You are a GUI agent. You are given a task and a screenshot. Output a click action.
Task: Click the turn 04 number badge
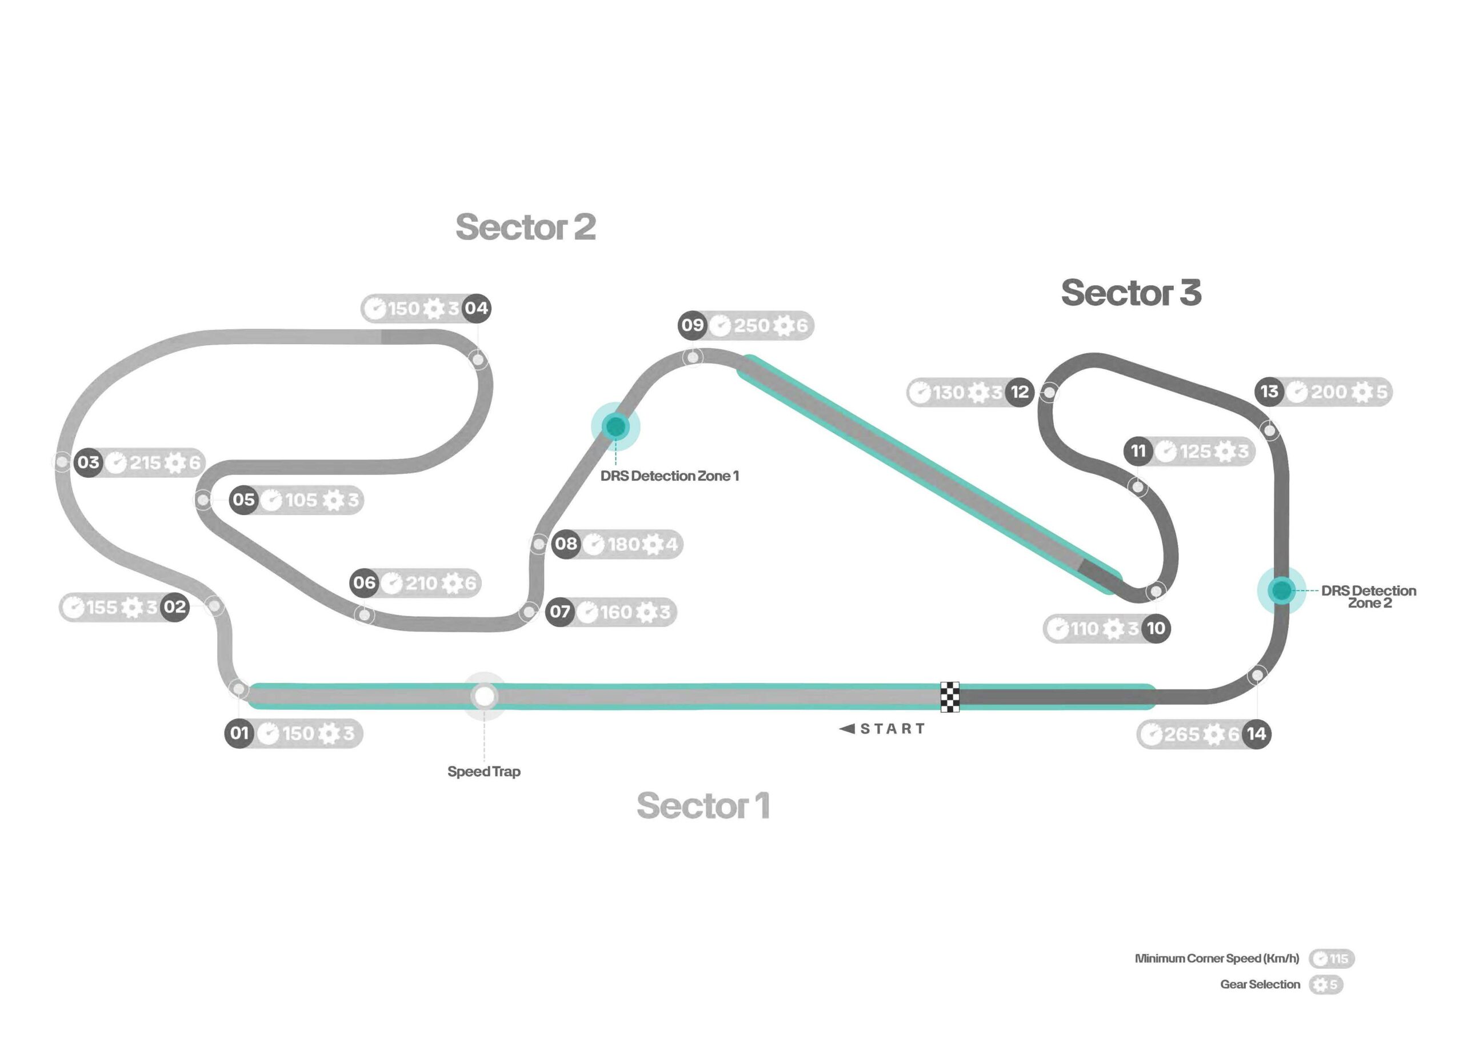coord(477,309)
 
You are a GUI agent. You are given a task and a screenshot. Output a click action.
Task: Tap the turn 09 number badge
coord(693,325)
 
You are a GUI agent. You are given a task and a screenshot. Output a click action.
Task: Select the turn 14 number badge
coord(1257,733)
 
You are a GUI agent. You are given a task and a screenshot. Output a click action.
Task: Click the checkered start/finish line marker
coord(950,697)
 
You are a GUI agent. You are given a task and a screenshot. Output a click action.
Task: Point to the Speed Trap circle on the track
coord(485,697)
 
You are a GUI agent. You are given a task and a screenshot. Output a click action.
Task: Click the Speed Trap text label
coord(484,772)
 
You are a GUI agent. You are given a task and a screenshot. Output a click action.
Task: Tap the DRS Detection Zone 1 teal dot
coord(615,426)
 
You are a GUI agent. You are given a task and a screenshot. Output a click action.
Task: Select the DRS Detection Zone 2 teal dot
coord(1281,590)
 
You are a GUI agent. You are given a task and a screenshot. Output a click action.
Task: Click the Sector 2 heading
coord(526,227)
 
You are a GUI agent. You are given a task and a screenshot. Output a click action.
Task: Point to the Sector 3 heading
coord(1132,293)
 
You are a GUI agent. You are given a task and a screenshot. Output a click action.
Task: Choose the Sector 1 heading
coord(703,806)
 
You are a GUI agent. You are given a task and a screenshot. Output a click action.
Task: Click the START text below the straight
coord(893,729)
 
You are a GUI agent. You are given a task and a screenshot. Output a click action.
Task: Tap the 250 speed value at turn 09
coord(752,326)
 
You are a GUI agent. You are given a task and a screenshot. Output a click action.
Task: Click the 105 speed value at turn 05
coord(301,500)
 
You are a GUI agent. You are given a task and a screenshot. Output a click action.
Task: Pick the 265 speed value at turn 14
coord(1182,734)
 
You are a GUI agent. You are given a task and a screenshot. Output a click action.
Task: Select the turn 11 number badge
coord(1138,451)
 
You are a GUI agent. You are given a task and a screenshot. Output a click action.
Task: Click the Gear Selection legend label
coord(1260,985)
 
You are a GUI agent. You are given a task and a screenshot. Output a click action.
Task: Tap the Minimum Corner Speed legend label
coord(1217,959)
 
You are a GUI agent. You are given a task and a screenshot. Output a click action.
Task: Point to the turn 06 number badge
coord(365,583)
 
